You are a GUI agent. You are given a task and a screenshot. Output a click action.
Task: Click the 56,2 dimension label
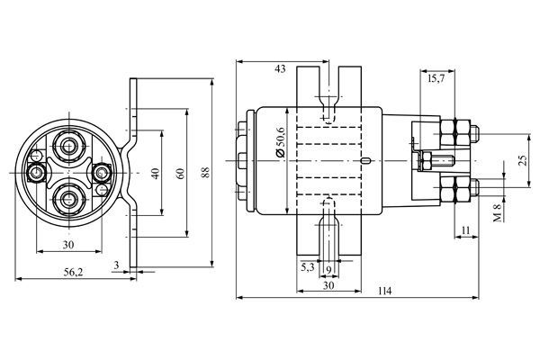[x=74, y=272]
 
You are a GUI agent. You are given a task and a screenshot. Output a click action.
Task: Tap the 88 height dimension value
[x=205, y=172]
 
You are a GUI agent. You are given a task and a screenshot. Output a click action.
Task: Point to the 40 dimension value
[x=156, y=174]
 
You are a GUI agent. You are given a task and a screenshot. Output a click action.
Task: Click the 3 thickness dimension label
[x=117, y=265]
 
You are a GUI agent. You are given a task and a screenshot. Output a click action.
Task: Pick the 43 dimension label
[x=280, y=69]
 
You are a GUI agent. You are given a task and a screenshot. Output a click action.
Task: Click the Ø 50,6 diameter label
[x=281, y=142]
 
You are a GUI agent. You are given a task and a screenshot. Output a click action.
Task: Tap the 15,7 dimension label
[x=436, y=79]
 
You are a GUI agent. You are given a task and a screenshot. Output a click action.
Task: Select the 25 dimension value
[x=523, y=160]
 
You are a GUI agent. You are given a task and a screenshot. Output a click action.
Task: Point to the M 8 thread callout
[x=498, y=213]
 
